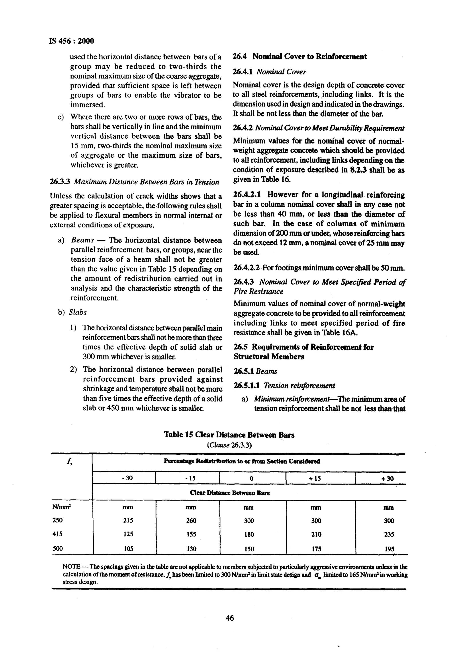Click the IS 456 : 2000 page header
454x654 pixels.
(72, 41)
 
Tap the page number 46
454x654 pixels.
(230, 618)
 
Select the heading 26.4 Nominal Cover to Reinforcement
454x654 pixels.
(299, 56)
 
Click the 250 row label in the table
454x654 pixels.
(58, 520)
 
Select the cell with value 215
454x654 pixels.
(128, 520)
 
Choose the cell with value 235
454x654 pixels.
(389, 534)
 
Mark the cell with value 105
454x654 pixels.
(129, 549)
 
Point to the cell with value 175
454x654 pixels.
(316, 549)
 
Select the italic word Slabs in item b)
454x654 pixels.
(78, 312)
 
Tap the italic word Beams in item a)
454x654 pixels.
(82, 240)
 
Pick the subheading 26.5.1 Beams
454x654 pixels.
(255, 371)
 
